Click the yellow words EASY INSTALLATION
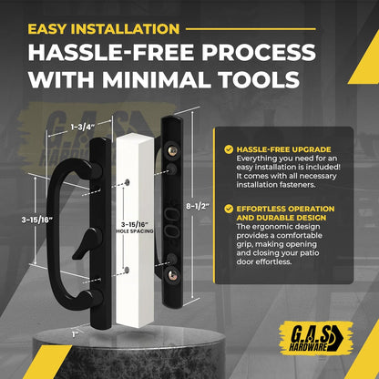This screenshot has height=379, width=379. point(104,29)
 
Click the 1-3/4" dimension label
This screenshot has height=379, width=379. point(83,127)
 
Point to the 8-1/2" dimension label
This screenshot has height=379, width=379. point(198,207)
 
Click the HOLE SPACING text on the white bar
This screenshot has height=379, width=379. point(135,231)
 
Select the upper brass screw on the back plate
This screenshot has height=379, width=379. point(174,150)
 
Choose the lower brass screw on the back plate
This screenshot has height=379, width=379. point(174,275)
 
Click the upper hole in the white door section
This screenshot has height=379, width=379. point(127,182)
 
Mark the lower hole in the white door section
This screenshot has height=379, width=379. point(127,270)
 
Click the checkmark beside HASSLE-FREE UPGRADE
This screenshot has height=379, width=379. point(229,149)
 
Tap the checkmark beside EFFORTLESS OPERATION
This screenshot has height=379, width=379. point(229,209)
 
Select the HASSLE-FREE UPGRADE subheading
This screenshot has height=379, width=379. point(283,149)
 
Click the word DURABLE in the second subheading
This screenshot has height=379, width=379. point(276,218)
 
